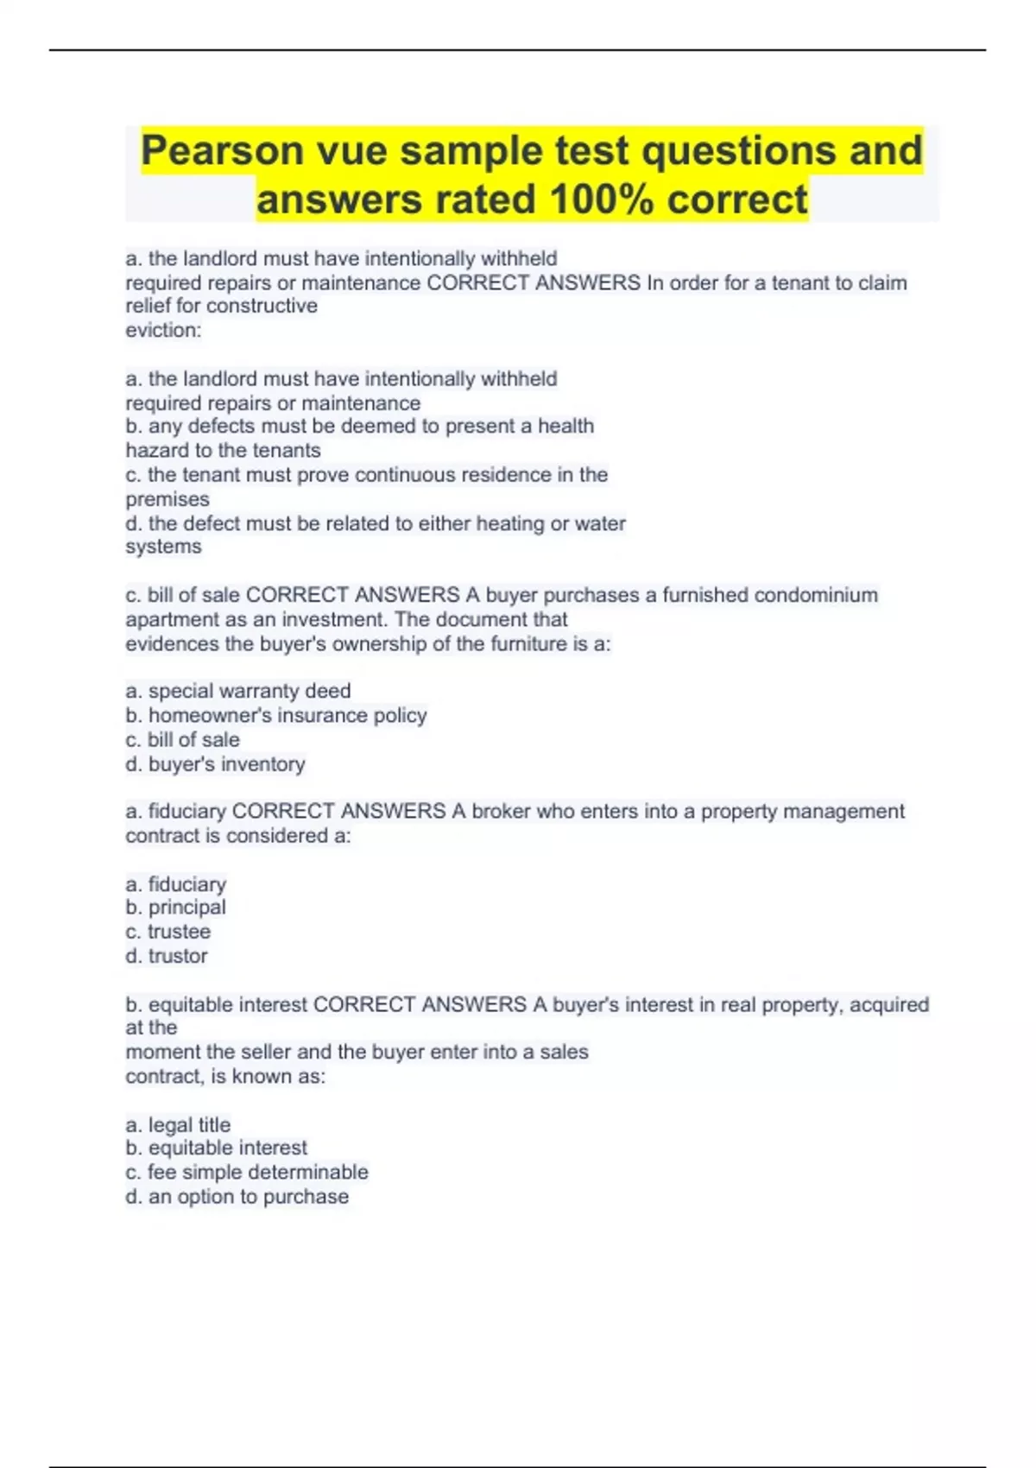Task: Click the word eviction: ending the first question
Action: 163,330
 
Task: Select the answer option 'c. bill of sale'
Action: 182,740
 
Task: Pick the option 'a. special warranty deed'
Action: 238,691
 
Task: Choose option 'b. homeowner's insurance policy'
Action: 276,716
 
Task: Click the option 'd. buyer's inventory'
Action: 215,764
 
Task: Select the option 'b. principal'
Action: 175,908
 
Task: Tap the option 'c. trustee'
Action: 167,932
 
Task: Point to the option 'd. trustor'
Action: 167,956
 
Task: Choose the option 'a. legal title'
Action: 178,1125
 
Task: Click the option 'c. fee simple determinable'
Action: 247,1173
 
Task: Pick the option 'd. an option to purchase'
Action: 237,1197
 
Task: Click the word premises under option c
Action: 167,500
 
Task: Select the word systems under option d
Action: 163,547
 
